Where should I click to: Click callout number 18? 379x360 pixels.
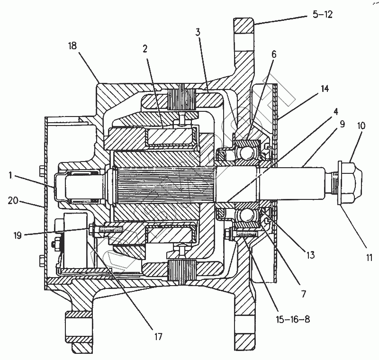pos(72,45)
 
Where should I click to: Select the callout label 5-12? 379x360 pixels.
pos(323,15)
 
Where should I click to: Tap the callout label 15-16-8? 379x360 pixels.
pos(293,319)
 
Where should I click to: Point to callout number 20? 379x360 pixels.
pos(13,200)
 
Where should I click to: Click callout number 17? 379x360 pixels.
pos(158,337)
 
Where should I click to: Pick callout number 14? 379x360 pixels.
pos(325,89)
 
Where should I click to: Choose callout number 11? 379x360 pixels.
pos(369,258)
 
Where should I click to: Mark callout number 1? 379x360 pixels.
pos(10,175)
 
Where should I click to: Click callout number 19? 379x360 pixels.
pos(18,235)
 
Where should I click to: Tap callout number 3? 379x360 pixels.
pos(198,32)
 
